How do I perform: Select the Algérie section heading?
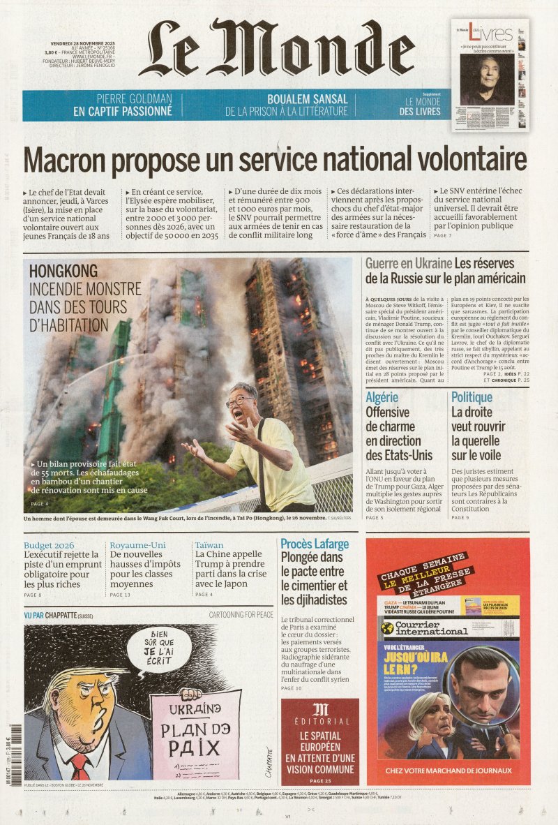[x=382, y=397]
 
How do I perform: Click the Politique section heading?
[x=472, y=397]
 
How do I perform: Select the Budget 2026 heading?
[x=49, y=545]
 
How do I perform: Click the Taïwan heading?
[x=209, y=545]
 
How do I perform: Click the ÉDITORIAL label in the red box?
[x=320, y=721]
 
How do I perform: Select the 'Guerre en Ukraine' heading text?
[x=408, y=264]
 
